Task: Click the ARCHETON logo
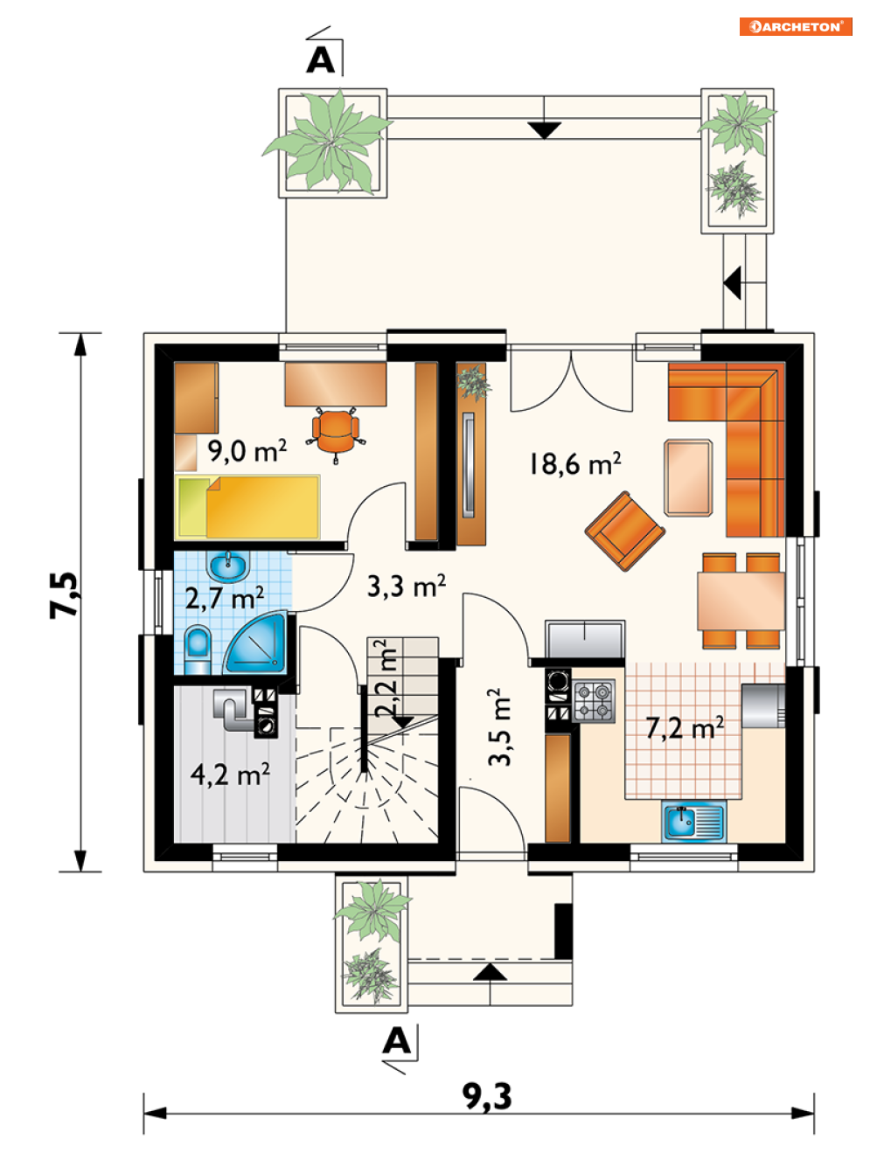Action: point(796,26)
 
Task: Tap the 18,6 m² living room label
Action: point(574,463)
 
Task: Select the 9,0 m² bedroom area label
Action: point(247,451)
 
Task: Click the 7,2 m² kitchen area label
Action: point(685,728)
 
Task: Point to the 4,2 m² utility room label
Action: point(230,774)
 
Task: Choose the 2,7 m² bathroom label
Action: point(225,599)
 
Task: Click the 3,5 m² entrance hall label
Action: point(500,726)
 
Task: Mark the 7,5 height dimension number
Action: point(65,595)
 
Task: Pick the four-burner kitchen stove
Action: point(594,701)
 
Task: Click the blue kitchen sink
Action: point(693,821)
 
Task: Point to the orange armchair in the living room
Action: point(625,531)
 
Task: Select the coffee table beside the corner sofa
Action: point(688,477)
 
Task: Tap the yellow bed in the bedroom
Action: point(247,507)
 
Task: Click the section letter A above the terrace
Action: point(320,60)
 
